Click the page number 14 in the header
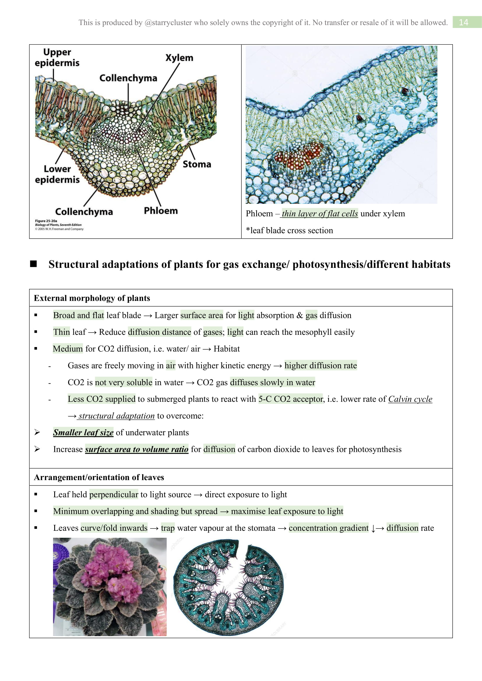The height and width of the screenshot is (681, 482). click(x=463, y=22)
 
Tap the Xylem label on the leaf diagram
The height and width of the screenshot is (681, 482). click(x=179, y=58)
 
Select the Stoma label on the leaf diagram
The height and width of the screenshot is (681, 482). click(x=197, y=164)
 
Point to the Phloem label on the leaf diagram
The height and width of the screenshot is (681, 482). click(x=161, y=211)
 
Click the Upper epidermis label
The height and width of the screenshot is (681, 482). click(x=57, y=57)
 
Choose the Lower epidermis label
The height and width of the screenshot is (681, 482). click(x=57, y=174)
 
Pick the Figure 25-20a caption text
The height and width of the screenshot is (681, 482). click(x=59, y=225)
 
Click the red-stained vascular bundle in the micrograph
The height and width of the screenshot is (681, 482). click(x=300, y=155)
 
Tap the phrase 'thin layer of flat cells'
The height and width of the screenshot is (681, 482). click(x=320, y=213)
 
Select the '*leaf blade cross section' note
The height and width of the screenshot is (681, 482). click(x=289, y=231)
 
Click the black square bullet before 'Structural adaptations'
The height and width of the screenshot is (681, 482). click(x=34, y=264)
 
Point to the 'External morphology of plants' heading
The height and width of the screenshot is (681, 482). click(x=92, y=298)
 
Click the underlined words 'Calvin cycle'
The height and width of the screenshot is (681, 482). click(x=410, y=399)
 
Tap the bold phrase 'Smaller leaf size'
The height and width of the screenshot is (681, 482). click(x=83, y=432)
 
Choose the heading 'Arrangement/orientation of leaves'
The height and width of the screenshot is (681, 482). click(x=99, y=477)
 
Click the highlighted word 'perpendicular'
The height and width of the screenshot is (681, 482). click(x=114, y=494)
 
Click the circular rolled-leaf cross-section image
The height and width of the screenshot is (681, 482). click(x=228, y=587)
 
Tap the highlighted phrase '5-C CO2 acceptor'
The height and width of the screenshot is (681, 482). click(x=290, y=399)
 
